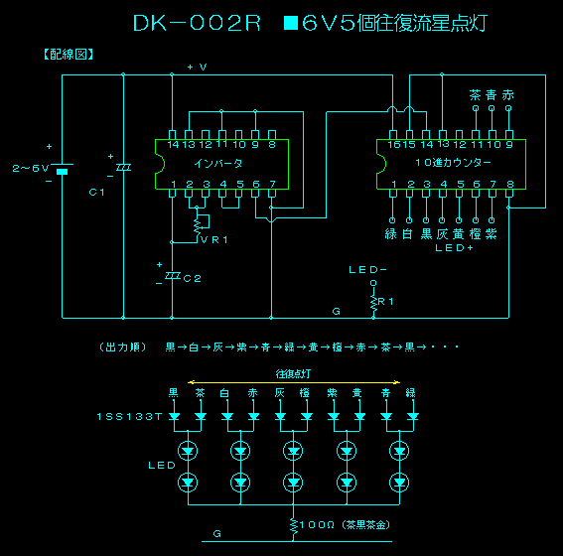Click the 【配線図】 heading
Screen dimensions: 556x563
coord(69,55)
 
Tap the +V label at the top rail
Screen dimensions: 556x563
coord(197,67)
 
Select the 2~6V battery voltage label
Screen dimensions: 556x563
coord(30,169)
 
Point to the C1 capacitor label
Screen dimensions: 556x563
coord(96,192)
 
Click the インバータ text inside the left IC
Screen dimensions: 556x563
coord(218,163)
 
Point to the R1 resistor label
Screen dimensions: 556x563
coord(387,299)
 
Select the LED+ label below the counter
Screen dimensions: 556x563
coord(455,248)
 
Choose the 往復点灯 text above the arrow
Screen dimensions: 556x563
coord(295,374)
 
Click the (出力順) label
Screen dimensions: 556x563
coord(123,347)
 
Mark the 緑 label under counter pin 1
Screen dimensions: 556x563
coord(391,233)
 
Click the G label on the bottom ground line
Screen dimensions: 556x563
coord(216,534)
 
